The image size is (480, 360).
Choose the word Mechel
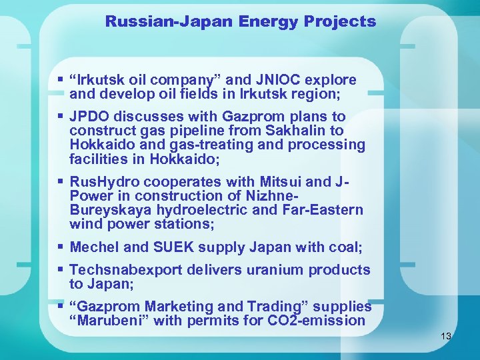pyautogui.click(x=94, y=247)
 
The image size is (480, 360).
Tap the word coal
pyautogui.click(x=346, y=247)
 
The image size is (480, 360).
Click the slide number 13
pyautogui.click(x=446, y=337)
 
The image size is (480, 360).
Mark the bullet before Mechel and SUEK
pyautogui.click(x=61, y=247)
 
